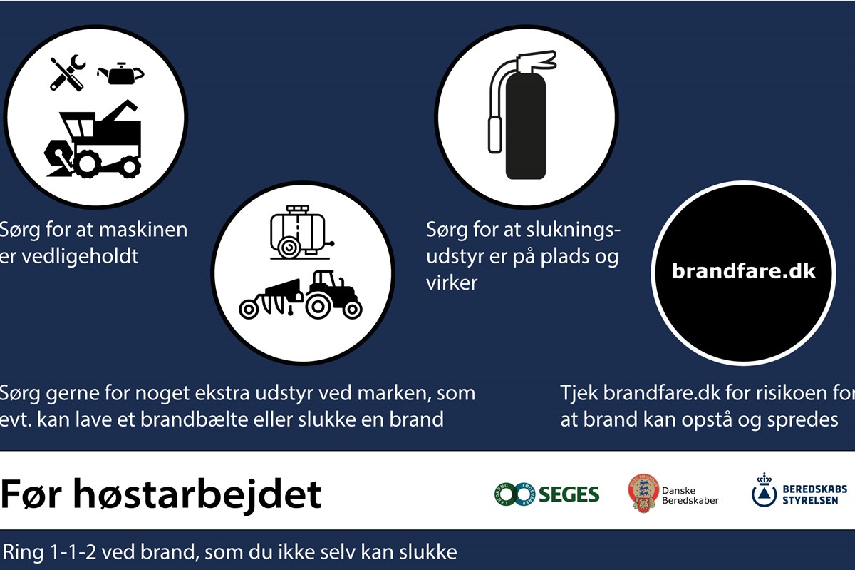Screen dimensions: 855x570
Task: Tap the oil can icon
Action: pyautogui.click(x=120, y=73)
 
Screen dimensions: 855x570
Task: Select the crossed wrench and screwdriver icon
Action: pyautogui.click(x=68, y=72)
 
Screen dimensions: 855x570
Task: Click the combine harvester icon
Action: pyautogui.click(x=93, y=139)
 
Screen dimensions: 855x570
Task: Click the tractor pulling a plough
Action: pyautogui.click(x=301, y=295)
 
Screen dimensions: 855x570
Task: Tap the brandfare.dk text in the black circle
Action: pyautogui.click(x=744, y=270)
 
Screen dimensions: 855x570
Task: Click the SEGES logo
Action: pyautogui.click(x=546, y=494)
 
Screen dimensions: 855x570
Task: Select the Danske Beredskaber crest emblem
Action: pyautogui.click(x=643, y=494)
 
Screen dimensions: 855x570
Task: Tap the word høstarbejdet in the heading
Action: pyautogui.click(x=197, y=494)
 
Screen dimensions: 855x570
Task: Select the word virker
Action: pyautogui.click(x=452, y=283)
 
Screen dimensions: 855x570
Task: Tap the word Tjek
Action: pyautogui.click(x=579, y=393)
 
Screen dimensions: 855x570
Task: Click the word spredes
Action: pyautogui.click(x=802, y=420)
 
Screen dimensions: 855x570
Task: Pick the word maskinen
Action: pyautogui.click(x=143, y=230)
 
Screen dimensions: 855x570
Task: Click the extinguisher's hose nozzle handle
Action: pyautogui.click(x=495, y=134)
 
